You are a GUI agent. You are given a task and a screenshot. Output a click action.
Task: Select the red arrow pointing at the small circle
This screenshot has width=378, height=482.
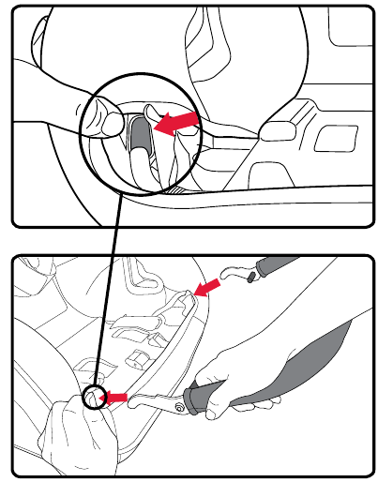[x=113, y=398]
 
